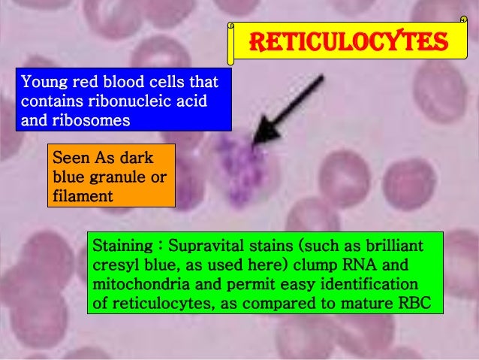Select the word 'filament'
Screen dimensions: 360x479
coord(83,196)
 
